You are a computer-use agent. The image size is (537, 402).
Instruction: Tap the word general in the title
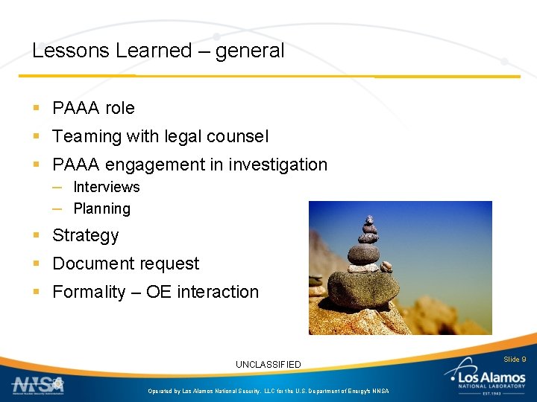pos(250,51)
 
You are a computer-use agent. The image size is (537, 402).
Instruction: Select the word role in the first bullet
pos(119,108)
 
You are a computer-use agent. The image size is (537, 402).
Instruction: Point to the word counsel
pos(236,136)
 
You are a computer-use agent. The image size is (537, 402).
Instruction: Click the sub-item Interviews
pos(106,187)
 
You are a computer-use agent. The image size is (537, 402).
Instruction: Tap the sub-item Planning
pos(101,208)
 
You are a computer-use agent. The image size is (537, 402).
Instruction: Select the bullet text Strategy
pos(85,236)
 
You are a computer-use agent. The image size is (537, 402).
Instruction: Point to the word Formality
pos(89,292)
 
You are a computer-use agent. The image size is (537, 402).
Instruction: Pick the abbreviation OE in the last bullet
pos(158,292)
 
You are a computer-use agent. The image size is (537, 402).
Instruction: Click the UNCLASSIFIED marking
pos(268,364)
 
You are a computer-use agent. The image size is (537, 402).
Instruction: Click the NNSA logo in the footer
pos(37,385)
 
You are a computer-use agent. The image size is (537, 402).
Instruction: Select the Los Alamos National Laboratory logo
pos(489,380)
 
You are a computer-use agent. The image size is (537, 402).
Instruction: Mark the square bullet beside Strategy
pos(37,235)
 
